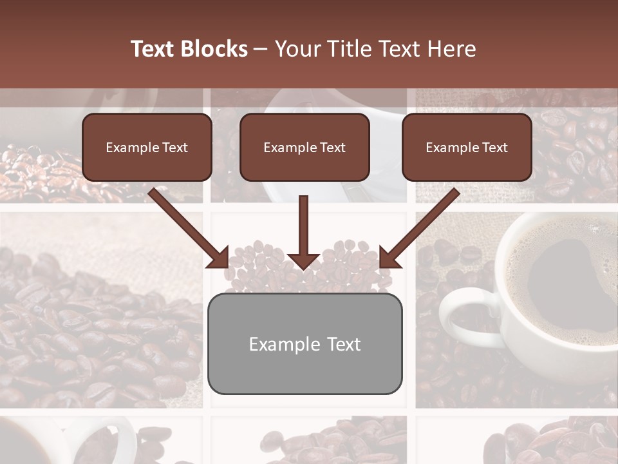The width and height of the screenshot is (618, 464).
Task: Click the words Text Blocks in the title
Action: (189, 49)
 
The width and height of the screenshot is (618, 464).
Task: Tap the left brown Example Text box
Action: (147, 147)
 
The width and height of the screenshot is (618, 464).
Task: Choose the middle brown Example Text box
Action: (304, 147)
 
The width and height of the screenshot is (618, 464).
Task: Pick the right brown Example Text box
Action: (467, 147)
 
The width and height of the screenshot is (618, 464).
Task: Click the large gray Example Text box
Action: (305, 343)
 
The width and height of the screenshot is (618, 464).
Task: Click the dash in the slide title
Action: (261, 49)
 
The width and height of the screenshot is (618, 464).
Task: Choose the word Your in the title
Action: (295, 49)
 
